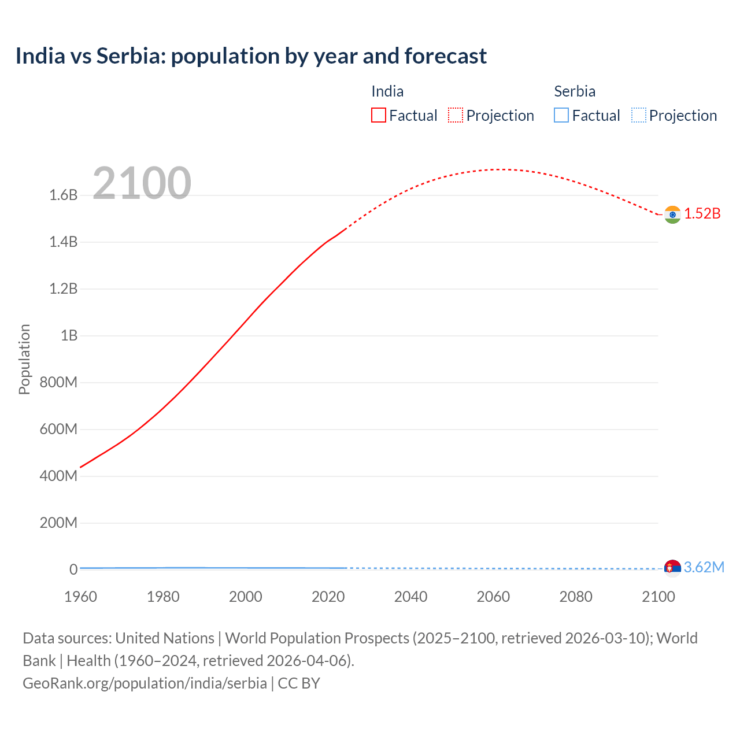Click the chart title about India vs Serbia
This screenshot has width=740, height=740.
click(251, 56)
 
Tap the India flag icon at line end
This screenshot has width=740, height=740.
click(672, 214)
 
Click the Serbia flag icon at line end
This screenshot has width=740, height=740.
click(672, 568)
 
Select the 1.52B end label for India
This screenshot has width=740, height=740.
click(702, 213)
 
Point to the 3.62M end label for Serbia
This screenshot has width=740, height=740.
click(704, 567)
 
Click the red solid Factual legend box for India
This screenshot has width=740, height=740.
click(379, 115)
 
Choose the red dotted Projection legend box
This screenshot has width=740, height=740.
click(456, 115)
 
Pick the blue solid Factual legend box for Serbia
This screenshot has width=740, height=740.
click(561, 115)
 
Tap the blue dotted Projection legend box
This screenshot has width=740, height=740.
click(638, 115)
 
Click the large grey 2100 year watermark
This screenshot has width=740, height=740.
click(142, 183)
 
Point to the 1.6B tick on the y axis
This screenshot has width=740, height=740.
click(63, 195)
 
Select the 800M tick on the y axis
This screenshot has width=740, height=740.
click(58, 383)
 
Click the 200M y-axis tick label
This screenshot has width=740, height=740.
click(58, 523)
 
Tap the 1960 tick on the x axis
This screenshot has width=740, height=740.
click(80, 597)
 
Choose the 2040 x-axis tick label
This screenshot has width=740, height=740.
click(410, 597)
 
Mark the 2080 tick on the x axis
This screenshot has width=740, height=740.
click(576, 597)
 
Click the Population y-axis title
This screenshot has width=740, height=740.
click(24, 359)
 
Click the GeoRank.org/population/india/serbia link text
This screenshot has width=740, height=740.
click(145, 683)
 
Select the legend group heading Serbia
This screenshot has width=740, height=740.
click(575, 91)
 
